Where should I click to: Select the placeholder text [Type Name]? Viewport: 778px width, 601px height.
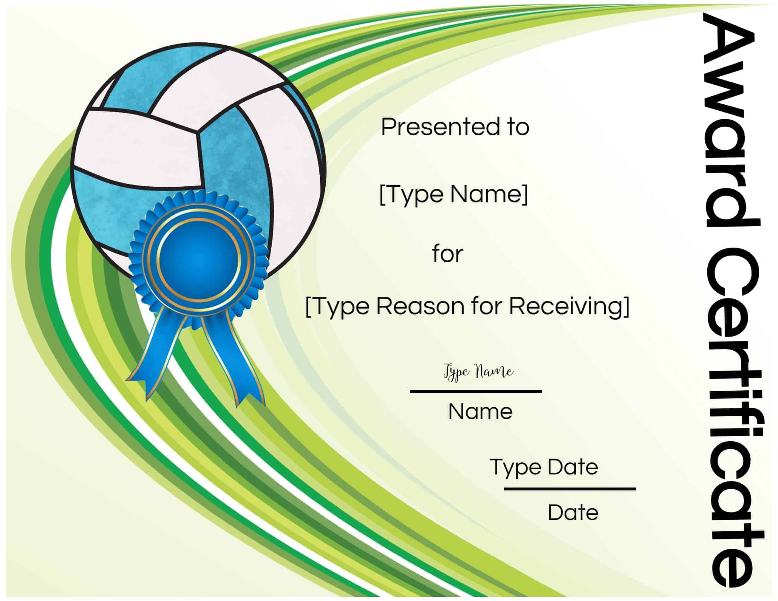point(453,194)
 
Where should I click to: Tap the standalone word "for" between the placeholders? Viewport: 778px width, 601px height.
point(447,254)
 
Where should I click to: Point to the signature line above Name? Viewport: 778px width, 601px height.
point(476,391)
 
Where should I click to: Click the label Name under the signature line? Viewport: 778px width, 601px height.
point(480,412)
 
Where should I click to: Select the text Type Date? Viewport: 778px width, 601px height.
point(544,467)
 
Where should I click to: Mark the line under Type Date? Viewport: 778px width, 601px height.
point(570,489)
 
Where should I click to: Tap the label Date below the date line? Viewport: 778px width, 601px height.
point(573,513)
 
